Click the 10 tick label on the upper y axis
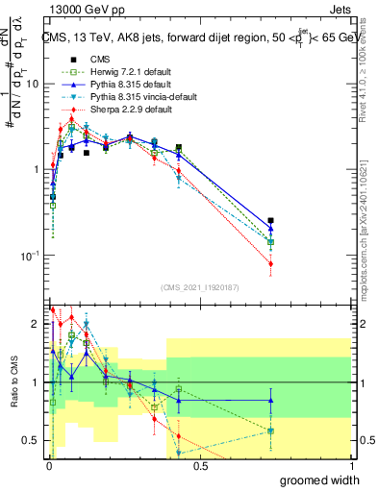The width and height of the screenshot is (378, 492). tap(32, 84)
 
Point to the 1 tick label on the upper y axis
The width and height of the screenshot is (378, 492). tap(35, 169)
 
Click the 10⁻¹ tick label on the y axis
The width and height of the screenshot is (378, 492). tap(30, 256)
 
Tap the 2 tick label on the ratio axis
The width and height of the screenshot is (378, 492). tap(36, 323)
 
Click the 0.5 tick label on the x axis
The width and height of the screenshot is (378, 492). tap(200, 465)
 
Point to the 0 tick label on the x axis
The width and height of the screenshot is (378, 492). tap(49, 465)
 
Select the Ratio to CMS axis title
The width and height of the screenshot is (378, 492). tap(13, 383)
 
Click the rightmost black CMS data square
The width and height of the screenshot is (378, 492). tap(271, 221)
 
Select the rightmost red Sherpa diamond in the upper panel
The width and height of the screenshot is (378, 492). tap(271, 263)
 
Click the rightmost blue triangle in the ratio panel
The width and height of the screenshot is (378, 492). tap(271, 401)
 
